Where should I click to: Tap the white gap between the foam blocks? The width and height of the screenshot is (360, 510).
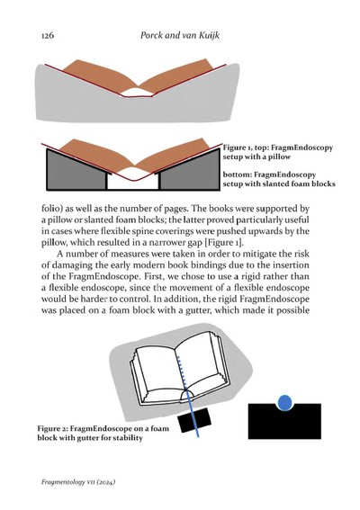click(x=131, y=181)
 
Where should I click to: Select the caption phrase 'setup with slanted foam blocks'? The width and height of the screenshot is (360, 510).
click(x=278, y=183)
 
